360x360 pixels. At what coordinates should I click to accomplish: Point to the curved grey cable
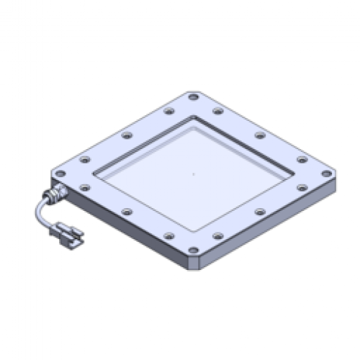click(37, 212)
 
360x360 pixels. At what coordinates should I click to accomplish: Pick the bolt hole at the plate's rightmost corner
click(326, 174)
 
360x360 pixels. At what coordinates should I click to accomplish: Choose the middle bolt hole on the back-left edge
click(127, 135)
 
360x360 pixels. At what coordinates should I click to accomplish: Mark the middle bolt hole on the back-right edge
click(260, 135)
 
